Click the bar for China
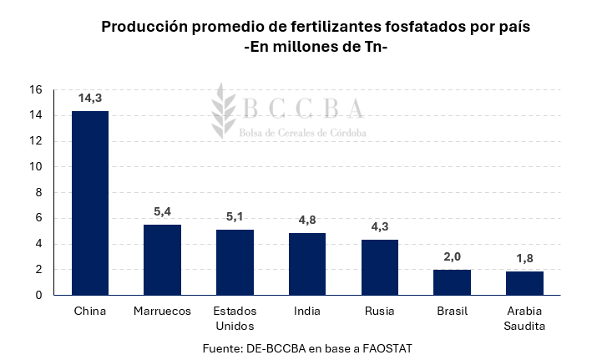pos(90,203)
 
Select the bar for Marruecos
pos(162,260)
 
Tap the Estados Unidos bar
pos(235,262)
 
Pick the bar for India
pos(307,264)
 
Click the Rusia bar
pos(380,267)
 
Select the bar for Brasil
pos(453,282)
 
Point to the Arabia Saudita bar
pos(524,283)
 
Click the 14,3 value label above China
pos(90,98)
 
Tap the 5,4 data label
pos(163,211)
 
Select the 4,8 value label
pos(307,220)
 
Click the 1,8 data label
pos(524,258)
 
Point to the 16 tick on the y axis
pos(35,89)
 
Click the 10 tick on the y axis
pos(35,167)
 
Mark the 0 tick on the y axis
pos(38,295)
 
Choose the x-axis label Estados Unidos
pos(235,318)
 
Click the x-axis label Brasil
pos(453,312)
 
